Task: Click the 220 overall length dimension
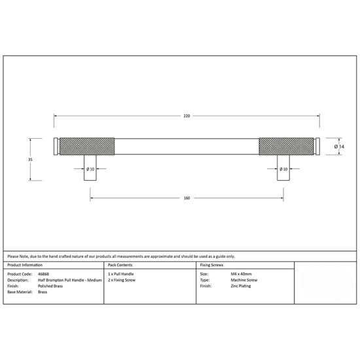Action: [187, 116]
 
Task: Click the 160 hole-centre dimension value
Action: [187, 198]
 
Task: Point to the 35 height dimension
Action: [30, 159]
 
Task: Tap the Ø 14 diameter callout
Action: [339, 147]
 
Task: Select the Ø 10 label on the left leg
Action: [90, 170]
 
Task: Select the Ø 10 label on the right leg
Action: [283, 170]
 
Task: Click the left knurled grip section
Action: [87, 146]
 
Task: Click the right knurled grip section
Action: [287, 146]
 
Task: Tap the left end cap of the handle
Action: [56, 146]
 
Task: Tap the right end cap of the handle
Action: [317, 146]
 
